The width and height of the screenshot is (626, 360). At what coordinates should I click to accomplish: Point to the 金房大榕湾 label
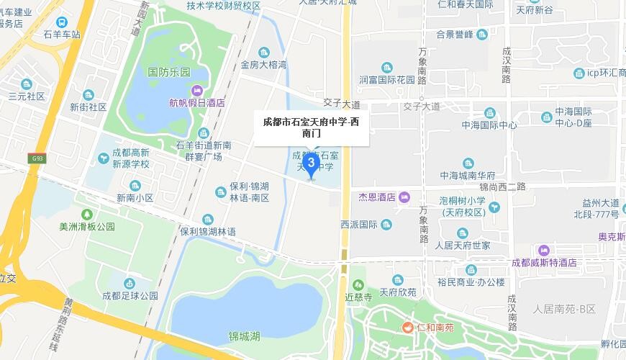click(263, 64)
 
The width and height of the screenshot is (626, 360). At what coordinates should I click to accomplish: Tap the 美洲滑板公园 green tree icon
click(87, 214)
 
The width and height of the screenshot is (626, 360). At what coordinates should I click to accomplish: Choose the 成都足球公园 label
click(130, 295)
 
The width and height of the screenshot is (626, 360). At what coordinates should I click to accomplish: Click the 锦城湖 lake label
click(245, 336)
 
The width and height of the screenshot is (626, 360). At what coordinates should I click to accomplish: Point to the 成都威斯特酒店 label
click(543, 263)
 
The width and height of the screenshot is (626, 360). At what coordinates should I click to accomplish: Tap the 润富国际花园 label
click(389, 79)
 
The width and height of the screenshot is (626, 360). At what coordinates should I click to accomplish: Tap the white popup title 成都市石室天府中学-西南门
click(311, 127)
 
